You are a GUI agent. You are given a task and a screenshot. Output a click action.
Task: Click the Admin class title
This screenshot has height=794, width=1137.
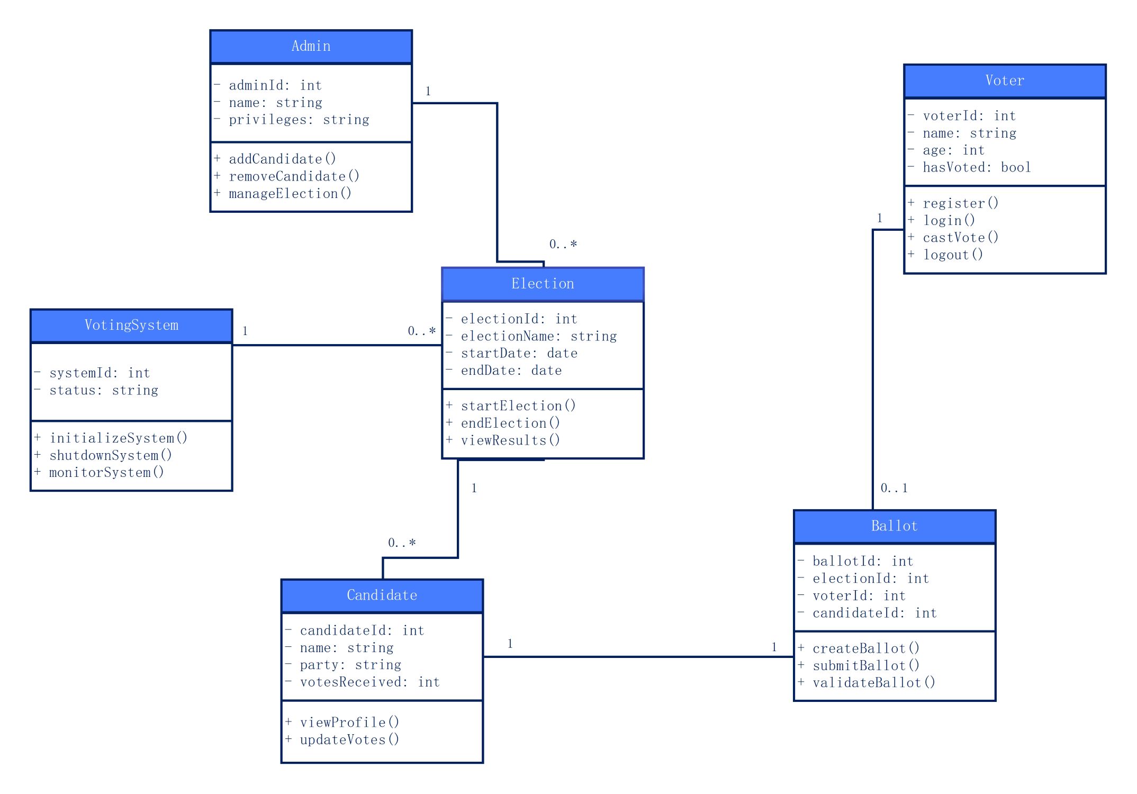(311, 47)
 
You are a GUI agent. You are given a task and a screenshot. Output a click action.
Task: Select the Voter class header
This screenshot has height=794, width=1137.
(1005, 81)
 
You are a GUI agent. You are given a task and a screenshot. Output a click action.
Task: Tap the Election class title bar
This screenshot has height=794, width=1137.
(543, 284)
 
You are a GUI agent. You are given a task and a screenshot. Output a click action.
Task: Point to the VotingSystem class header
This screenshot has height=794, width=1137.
(131, 326)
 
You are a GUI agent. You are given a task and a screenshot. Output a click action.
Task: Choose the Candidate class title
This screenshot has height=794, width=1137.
(382, 595)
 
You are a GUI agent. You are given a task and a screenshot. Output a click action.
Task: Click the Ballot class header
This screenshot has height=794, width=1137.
(895, 526)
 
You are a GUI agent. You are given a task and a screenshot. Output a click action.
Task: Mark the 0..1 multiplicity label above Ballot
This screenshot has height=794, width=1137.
(894, 488)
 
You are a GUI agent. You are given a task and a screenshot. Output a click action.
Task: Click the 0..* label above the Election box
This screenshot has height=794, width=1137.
(563, 244)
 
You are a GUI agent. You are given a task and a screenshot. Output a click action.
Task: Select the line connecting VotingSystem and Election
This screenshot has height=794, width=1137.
(337, 345)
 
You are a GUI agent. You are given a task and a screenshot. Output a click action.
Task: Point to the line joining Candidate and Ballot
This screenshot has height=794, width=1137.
(638, 657)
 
